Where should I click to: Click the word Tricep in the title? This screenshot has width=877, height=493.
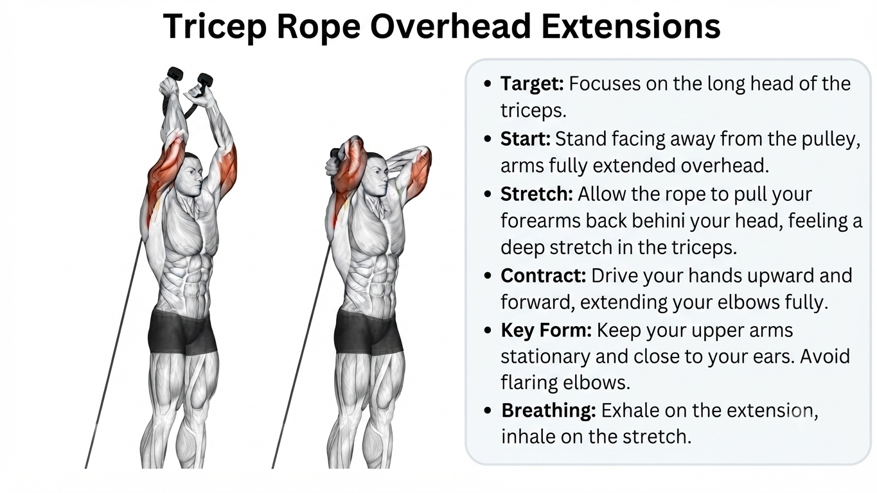(215, 26)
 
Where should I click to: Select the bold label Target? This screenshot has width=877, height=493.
(532, 84)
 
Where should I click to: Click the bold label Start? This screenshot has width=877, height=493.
(526, 139)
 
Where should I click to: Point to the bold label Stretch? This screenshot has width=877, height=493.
(536, 194)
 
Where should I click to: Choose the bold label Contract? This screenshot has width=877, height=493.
(543, 275)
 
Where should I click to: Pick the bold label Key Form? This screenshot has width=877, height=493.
(545, 331)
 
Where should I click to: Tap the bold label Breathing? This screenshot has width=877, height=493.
(548, 411)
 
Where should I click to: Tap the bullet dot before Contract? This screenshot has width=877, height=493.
(488, 275)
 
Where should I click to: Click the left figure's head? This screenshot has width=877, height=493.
(192, 176)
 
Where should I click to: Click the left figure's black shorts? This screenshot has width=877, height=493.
(182, 332)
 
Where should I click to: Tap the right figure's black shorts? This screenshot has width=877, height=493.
(369, 332)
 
